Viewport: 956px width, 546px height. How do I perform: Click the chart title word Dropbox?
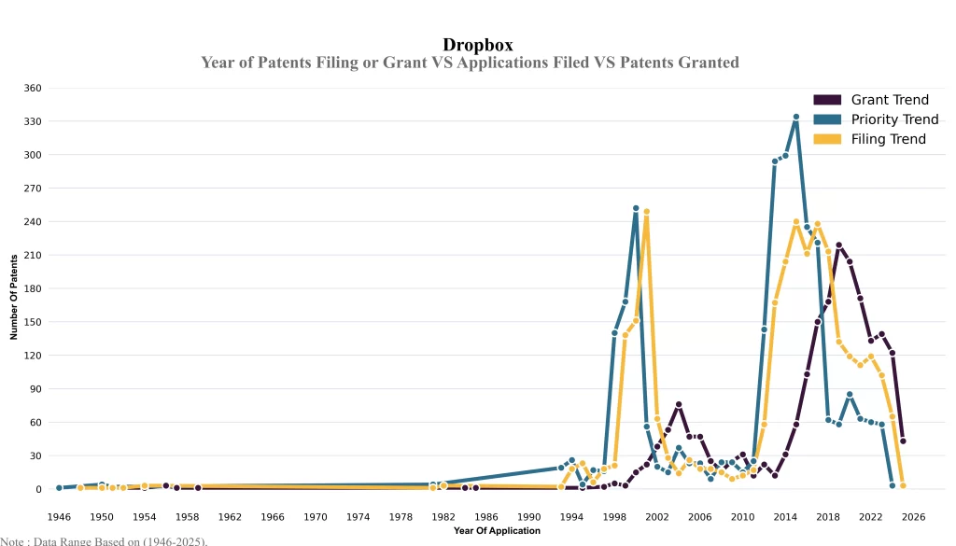(x=477, y=44)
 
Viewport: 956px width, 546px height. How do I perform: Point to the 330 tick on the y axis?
(x=33, y=121)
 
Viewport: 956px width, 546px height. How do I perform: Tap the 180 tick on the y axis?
(x=33, y=288)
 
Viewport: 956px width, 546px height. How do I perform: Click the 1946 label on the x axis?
(x=59, y=516)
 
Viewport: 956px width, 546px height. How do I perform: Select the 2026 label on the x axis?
(x=913, y=516)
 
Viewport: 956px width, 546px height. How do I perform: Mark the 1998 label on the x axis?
(x=614, y=516)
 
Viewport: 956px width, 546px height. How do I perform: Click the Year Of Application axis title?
(x=497, y=531)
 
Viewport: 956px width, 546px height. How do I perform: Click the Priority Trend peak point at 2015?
(x=795, y=118)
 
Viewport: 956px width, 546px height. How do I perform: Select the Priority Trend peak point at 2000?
(x=636, y=208)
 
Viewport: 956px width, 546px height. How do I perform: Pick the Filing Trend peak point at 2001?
(x=646, y=212)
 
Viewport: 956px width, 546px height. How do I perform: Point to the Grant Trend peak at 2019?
(x=838, y=245)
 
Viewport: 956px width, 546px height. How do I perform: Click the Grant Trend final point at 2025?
(x=903, y=441)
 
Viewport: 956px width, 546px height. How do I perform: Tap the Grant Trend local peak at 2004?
(x=679, y=404)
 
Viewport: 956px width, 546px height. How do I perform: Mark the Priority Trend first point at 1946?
(x=59, y=487)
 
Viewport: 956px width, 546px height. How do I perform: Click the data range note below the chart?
(x=104, y=540)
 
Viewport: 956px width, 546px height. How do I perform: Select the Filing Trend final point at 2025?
(x=903, y=486)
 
